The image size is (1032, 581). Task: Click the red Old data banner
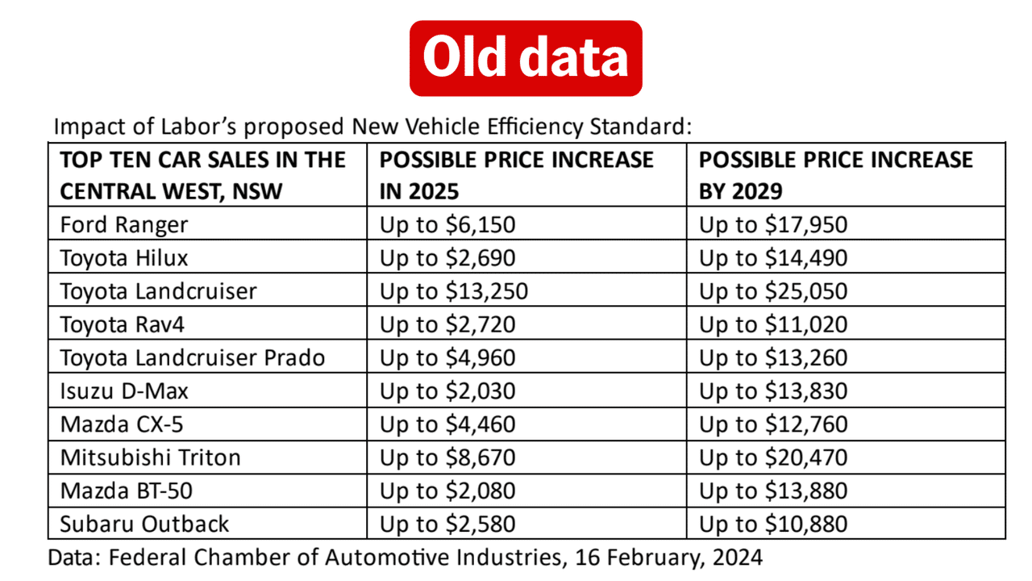526,58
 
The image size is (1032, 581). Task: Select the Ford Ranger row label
123,224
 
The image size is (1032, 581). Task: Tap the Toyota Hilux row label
123,258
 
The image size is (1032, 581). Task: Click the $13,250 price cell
454,291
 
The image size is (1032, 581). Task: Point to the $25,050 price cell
773,291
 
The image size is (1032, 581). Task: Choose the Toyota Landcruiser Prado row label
192,357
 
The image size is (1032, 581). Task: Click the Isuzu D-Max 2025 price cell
447,391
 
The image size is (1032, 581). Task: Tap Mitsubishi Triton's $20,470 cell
773,458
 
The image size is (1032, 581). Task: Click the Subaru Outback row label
144,524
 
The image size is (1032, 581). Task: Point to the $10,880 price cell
773,524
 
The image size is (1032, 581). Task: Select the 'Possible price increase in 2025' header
516,175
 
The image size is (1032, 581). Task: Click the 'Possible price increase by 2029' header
836,175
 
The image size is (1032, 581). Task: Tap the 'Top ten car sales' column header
202,175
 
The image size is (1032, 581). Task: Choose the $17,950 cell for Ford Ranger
773,224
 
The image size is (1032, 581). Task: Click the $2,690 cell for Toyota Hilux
447,258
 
